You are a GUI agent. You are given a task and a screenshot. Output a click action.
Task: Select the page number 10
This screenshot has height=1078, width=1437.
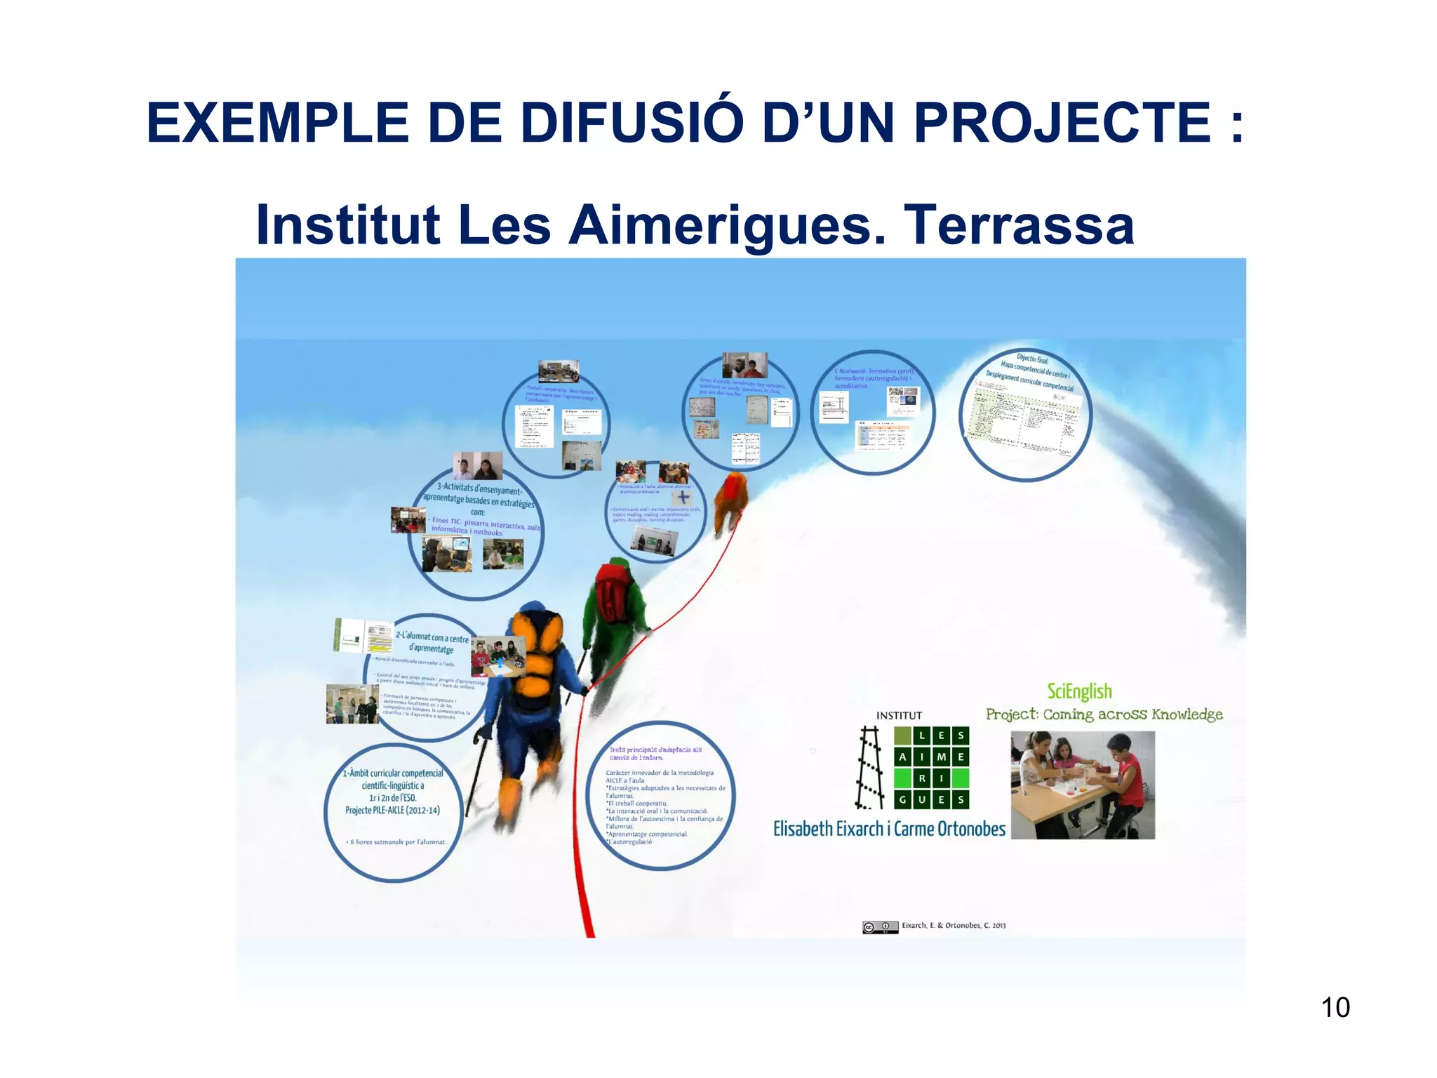pyautogui.click(x=1335, y=1007)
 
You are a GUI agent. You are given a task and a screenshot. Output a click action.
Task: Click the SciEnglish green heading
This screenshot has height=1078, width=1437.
pyautogui.click(x=1079, y=691)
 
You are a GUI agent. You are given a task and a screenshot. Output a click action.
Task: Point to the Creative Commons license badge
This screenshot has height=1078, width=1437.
pyautogui.click(x=880, y=927)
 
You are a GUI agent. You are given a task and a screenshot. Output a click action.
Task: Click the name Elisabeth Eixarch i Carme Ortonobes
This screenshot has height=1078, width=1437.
pyautogui.click(x=888, y=829)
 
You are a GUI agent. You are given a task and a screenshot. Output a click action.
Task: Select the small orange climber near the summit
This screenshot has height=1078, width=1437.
pyautogui.click(x=730, y=502)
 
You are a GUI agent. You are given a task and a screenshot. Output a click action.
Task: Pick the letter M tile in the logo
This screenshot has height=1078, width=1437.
pyautogui.click(x=941, y=757)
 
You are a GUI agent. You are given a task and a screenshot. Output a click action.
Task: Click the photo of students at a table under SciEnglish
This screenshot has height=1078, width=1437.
pyautogui.click(x=1082, y=785)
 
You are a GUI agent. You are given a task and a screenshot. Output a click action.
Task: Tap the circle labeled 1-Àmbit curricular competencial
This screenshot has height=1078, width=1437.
pyautogui.click(x=393, y=792)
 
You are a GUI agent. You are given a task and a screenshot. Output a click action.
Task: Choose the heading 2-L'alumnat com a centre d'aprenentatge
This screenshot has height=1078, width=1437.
pyautogui.click(x=431, y=643)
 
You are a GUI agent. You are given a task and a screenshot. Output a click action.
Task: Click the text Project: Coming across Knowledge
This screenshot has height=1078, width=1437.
pyautogui.click(x=1104, y=714)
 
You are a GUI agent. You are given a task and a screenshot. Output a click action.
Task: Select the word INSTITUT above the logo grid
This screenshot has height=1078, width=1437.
pyautogui.click(x=899, y=716)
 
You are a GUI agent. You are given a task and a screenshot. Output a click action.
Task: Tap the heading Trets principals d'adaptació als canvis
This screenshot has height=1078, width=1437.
pyautogui.click(x=655, y=753)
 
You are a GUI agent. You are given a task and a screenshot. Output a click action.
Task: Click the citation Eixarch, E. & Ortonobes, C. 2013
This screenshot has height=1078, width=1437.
pyautogui.click(x=954, y=926)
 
